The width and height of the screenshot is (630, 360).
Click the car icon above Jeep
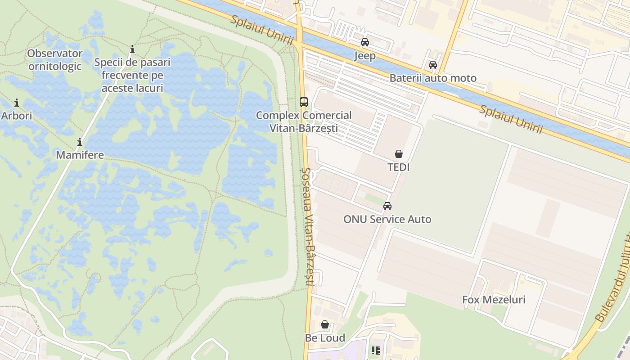click(x=365, y=42)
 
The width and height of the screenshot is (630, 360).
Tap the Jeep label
click(x=365, y=56)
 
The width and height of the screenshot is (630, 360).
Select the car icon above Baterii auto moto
click(x=433, y=65)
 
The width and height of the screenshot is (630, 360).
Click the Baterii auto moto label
click(x=433, y=78)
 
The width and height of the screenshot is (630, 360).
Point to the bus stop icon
click(x=304, y=102)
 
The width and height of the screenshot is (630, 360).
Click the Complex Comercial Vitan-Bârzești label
click(x=304, y=121)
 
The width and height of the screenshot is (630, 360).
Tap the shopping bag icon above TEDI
click(x=399, y=154)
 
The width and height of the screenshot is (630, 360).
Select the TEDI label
click(x=399, y=167)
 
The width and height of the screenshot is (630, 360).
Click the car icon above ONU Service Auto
click(x=387, y=206)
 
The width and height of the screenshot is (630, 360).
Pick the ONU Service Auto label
click(x=387, y=220)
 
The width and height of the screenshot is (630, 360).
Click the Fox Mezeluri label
click(x=494, y=300)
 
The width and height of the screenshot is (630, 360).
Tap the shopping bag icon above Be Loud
click(x=325, y=324)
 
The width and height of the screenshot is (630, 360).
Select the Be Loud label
click(x=325, y=338)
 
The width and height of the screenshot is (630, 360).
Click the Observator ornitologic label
click(x=55, y=60)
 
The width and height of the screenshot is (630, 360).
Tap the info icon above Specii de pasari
click(x=132, y=49)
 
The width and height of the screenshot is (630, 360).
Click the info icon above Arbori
click(x=17, y=103)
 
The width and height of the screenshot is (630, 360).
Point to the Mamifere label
click(x=80, y=155)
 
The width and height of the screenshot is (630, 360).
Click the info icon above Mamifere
click(x=80, y=142)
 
